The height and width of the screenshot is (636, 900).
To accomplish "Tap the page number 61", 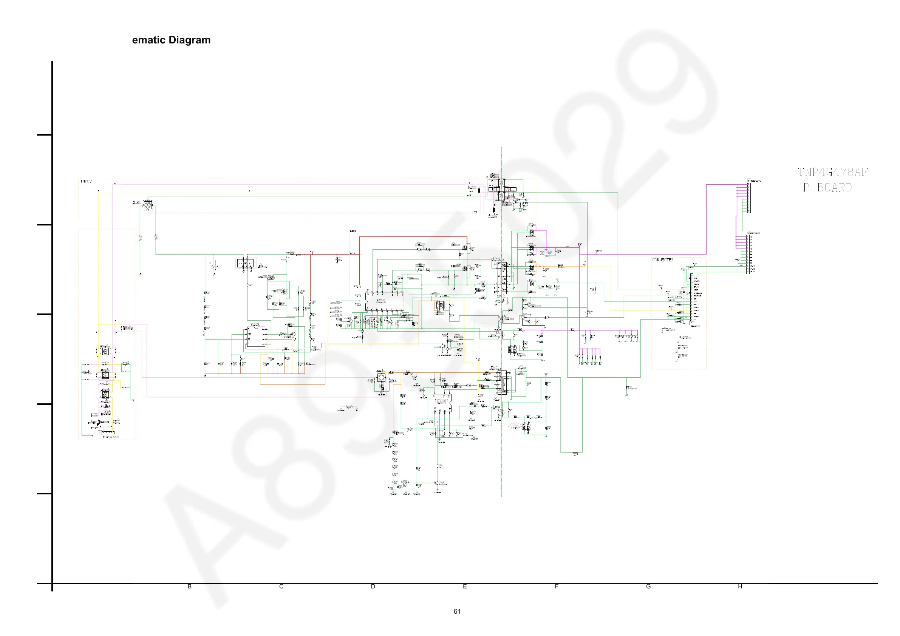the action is [457, 611].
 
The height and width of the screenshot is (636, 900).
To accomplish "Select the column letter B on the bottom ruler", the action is [189, 587].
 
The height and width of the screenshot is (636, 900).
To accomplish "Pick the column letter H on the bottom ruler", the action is [740, 587].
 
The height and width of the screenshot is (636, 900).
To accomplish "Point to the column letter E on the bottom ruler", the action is [465, 587].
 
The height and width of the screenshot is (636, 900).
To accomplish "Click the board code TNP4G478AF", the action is [833, 172].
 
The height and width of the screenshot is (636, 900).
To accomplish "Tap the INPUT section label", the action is [86, 181].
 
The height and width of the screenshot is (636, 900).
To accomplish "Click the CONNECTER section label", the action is [662, 260].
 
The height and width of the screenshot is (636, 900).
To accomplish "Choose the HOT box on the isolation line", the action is [493, 189].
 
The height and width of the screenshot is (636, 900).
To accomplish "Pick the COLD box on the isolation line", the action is [510, 189].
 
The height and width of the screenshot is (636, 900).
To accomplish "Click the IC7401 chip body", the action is [441, 403].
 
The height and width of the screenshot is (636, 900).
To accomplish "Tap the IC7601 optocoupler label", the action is [515, 425].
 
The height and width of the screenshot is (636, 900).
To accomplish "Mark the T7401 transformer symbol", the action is [503, 382].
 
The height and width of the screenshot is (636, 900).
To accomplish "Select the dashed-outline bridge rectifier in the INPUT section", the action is [148, 205].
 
